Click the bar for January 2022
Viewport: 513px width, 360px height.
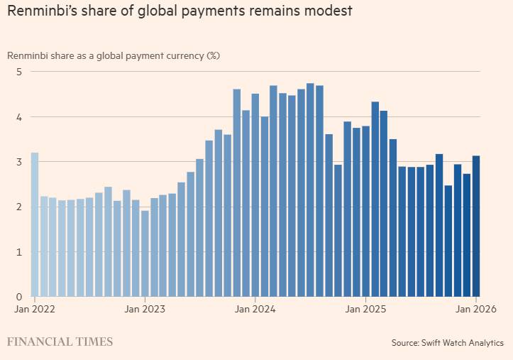click(x=35, y=224)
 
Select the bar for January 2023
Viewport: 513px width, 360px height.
click(x=145, y=253)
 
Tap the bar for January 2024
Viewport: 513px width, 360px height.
click(x=255, y=195)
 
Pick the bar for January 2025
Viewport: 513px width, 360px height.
click(x=365, y=211)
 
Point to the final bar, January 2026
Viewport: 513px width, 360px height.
click(x=476, y=226)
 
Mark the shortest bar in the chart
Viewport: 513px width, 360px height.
click(x=145, y=253)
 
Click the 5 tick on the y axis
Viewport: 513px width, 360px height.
click(x=20, y=72)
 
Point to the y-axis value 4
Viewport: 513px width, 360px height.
click(x=20, y=117)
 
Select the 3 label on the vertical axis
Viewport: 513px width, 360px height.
click(x=20, y=162)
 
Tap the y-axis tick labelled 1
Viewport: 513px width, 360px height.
click(x=20, y=252)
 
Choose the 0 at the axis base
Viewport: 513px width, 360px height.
click(x=20, y=297)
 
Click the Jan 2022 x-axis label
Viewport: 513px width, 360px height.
click(x=35, y=309)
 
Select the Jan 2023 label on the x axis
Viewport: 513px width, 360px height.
click(x=145, y=309)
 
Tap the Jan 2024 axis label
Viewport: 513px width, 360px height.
click(x=255, y=309)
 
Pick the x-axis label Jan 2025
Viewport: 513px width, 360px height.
click(x=365, y=309)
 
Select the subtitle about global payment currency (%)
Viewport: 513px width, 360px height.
click(x=114, y=55)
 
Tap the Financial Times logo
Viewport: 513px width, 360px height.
click(x=60, y=342)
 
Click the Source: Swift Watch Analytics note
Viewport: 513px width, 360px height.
click(x=447, y=343)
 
